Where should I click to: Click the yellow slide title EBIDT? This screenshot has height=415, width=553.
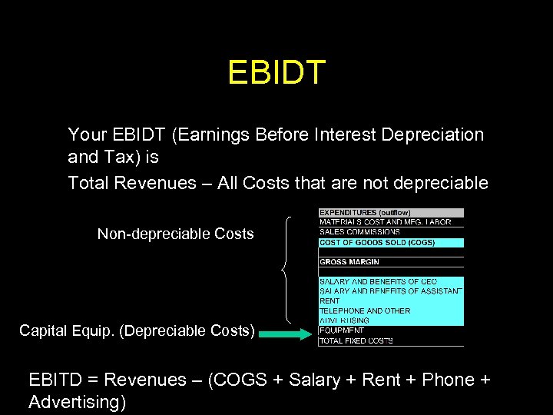click(276, 73)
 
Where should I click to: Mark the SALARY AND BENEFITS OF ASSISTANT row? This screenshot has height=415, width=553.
click(390, 291)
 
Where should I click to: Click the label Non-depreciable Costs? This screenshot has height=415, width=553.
click(175, 234)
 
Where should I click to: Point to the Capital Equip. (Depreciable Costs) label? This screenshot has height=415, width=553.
click(137, 330)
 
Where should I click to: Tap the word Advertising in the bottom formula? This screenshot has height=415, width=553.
click(77, 402)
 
